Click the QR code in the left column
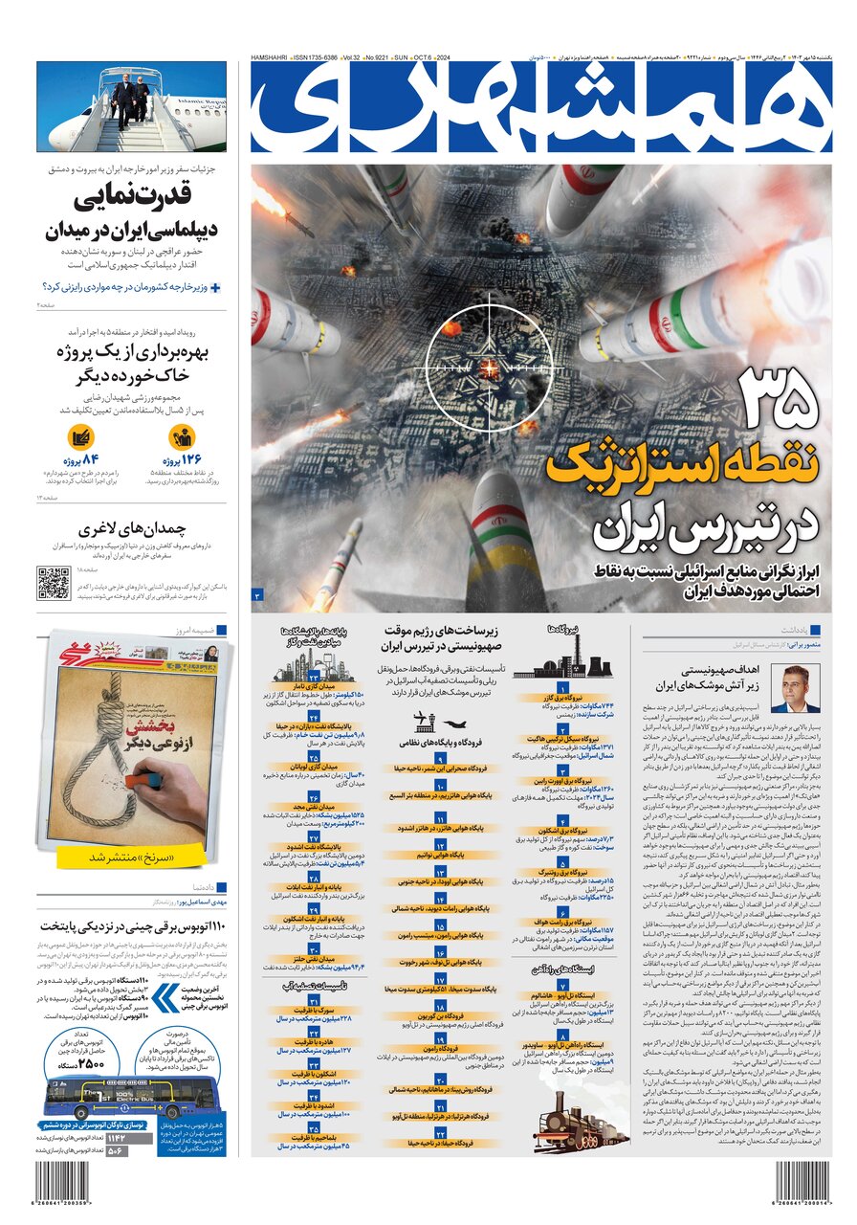54,582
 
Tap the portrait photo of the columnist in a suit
794,689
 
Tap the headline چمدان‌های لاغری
132,528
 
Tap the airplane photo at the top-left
132,106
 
